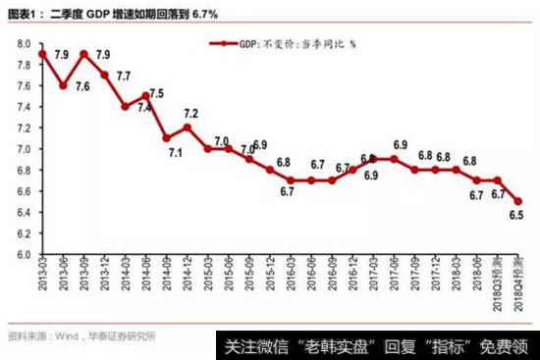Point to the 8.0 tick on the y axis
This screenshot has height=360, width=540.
tap(22, 42)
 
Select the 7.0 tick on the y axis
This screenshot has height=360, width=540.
tap(22, 148)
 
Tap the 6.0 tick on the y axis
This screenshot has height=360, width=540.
tap(22, 254)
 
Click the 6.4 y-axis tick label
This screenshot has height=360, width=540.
tap(22, 212)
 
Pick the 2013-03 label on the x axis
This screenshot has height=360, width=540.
tap(42, 278)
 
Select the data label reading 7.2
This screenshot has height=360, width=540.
tap(190, 114)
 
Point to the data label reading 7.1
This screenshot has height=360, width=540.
tap(175, 153)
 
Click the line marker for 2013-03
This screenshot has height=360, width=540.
tap(42, 53)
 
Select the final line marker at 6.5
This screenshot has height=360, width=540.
tap(519, 201)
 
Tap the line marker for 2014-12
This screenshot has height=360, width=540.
tap(187, 128)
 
